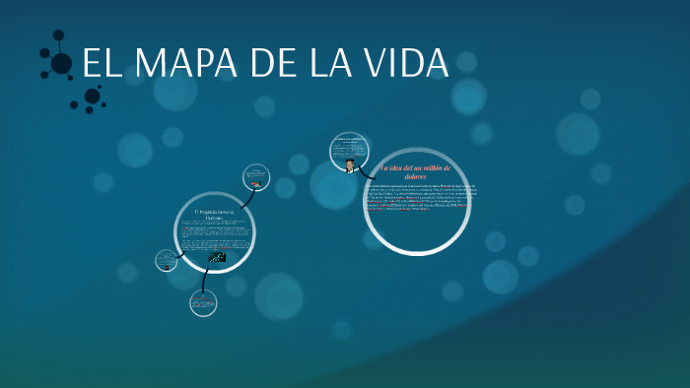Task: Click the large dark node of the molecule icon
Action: point(61,64)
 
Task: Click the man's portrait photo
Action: point(351,166)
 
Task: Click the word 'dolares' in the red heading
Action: point(415,177)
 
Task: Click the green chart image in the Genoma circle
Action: point(217,257)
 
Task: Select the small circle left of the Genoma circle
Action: point(167,261)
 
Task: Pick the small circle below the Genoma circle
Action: point(203,303)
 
